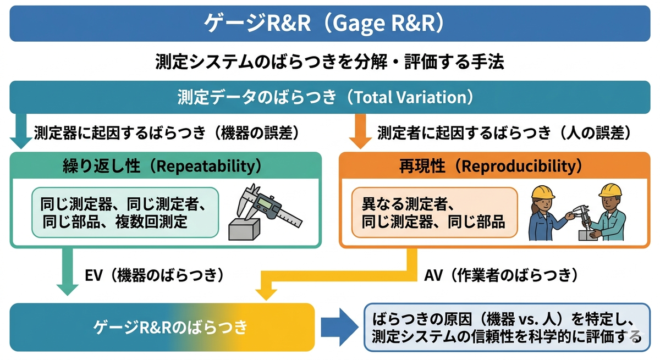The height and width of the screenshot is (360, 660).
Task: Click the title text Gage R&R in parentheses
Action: click(x=384, y=24)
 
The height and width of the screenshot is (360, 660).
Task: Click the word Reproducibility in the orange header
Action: click(x=518, y=167)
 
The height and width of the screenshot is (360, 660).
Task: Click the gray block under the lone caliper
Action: click(x=244, y=229)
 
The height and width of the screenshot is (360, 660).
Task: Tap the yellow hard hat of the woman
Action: click(x=543, y=192)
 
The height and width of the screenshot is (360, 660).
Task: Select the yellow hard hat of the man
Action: click(x=611, y=190)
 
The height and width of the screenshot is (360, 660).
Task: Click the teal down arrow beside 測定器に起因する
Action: click(x=21, y=131)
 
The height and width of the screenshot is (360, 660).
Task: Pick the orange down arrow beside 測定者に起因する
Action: click(x=360, y=131)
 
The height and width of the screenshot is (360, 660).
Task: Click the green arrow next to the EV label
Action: click(x=67, y=272)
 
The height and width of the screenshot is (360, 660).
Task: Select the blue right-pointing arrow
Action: click(x=340, y=327)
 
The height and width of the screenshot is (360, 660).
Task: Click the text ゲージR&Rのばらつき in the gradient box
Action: click(x=170, y=328)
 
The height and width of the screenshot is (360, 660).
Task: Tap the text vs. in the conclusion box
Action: click(x=527, y=320)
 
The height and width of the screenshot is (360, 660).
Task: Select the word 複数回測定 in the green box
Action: click(x=151, y=221)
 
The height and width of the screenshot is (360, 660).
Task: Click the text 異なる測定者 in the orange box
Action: click(x=405, y=204)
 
